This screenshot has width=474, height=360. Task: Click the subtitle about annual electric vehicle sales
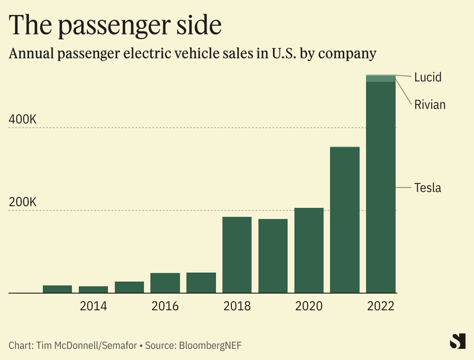click(193, 54)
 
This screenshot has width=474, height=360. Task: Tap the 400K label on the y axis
click(23, 119)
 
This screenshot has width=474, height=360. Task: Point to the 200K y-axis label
click(23, 202)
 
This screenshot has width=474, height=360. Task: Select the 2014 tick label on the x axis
click(93, 307)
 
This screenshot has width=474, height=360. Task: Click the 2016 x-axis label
click(165, 307)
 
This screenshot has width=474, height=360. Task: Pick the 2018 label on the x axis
click(237, 307)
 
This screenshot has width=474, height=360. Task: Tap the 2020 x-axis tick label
click(308, 307)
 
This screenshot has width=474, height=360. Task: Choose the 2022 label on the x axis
click(380, 307)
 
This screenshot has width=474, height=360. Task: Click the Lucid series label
click(428, 77)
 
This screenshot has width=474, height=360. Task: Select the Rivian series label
click(430, 105)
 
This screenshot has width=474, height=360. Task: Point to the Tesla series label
click(428, 188)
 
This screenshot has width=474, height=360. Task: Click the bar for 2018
click(237, 255)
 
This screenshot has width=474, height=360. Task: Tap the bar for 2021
click(345, 219)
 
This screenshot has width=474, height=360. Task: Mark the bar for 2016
click(165, 283)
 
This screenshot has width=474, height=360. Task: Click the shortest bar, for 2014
click(93, 289)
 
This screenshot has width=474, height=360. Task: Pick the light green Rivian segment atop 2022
click(380, 79)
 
